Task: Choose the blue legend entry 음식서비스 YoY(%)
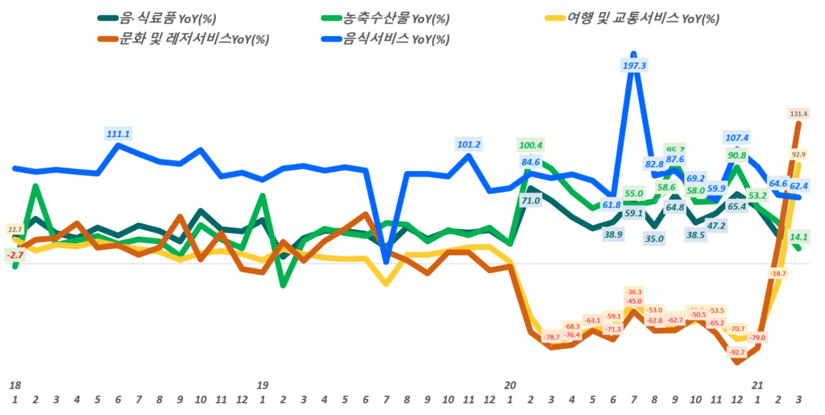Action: (396, 39)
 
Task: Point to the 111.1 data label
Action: (118, 133)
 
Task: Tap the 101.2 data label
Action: (469, 145)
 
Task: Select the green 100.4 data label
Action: (531, 145)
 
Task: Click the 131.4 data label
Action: (799, 114)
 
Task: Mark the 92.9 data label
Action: (799, 154)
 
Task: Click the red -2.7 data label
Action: (15, 255)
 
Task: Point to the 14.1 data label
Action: (799, 237)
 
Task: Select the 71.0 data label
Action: (531, 201)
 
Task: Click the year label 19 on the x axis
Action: (263, 386)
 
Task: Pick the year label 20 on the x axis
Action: (509, 386)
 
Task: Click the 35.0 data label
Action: (654, 238)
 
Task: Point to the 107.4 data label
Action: (737, 138)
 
